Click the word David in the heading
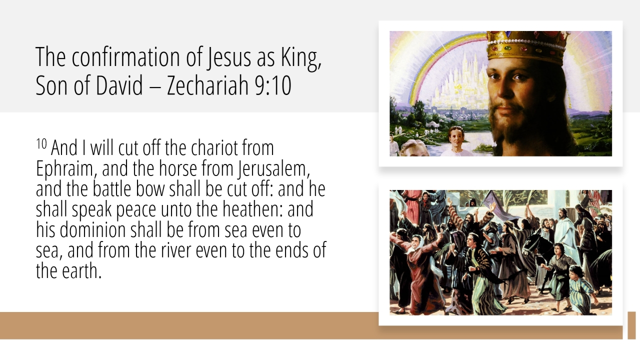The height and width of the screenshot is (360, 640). (119, 85)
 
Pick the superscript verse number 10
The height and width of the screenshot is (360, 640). (41, 143)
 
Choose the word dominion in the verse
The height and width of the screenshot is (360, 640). (93, 230)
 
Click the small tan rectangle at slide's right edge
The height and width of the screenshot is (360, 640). (631, 325)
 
